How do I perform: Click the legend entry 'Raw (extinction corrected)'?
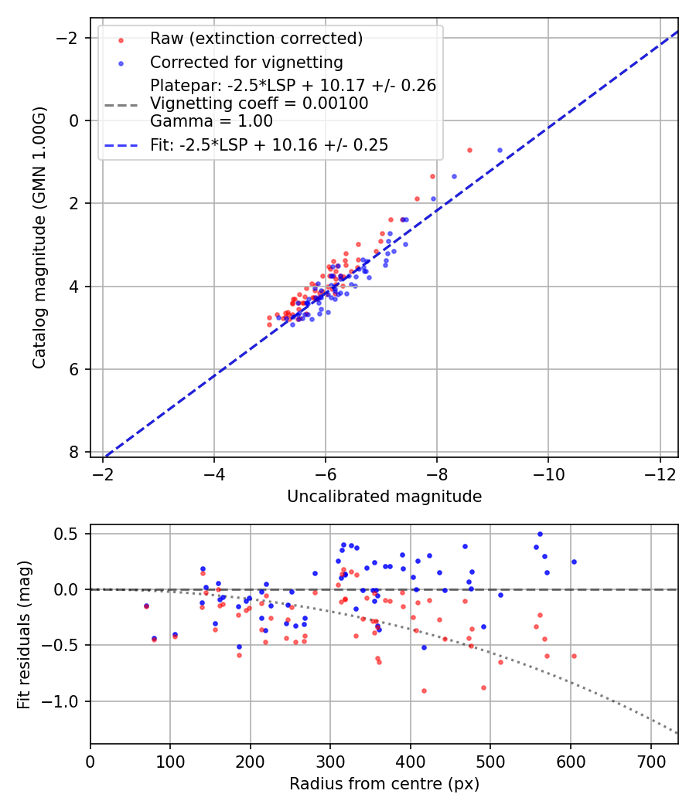[x=256, y=39]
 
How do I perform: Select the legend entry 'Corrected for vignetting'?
[x=247, y=62]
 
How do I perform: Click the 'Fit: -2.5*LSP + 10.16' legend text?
[x=269, y=144]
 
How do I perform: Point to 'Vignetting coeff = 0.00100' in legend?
[x=259, y=103]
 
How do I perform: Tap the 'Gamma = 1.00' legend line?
[x=211, y=120]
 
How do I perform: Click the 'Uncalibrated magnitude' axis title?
[x=384, y=497]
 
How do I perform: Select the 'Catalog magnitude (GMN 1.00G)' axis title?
[x=39, y=238]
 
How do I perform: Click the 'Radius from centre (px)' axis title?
[x=384, y=784]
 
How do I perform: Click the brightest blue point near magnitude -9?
[x=500, y=150]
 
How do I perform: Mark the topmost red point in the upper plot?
[x=469, y=150]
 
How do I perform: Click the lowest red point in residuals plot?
[x=424, y=691]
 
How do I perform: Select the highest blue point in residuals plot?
[x=540, y=534]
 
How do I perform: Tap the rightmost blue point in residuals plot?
[x=574, y=562]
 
